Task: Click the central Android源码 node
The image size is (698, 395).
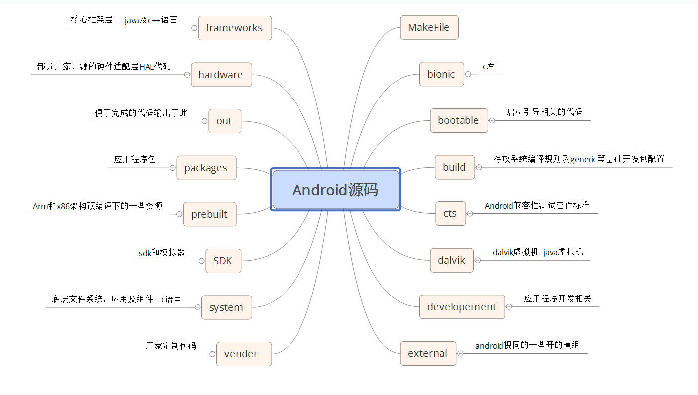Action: [336, 190]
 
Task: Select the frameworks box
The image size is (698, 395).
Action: [234, 28]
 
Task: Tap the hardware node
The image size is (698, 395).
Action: [221, 75]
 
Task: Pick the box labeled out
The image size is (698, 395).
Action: [224, 121]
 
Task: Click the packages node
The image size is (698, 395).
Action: [206, 168]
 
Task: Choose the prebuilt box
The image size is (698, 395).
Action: [209, 214]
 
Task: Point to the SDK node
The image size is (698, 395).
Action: [223, 261]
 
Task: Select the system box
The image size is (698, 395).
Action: [226, 307]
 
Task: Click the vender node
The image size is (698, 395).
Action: [244, 354]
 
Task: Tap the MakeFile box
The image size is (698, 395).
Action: [429, 27]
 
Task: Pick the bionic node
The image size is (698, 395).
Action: [441, 74]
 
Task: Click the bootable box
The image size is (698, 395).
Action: [458, 120]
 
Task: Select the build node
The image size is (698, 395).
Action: [454, 167]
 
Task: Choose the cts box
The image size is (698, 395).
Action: [450, 213]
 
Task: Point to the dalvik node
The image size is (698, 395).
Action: [452, 260]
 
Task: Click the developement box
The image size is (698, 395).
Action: [462, 307]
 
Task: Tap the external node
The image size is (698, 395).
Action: [428, 353]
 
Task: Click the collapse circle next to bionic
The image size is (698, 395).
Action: [468, 74]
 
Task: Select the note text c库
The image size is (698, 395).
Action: [489, 66]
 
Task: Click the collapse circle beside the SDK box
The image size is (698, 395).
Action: [201, 261]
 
